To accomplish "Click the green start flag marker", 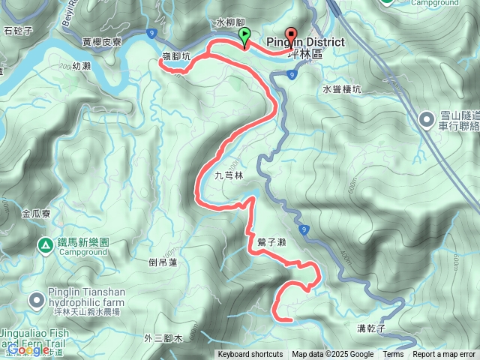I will [244, 36].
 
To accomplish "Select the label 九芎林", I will [229, 175].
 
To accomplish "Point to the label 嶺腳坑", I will [176, 55].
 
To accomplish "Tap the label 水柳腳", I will [231, 23].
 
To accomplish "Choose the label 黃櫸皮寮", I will [103, 42].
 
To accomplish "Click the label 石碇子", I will [19, 31].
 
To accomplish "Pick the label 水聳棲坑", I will [342, 88].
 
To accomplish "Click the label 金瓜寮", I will [36, 214].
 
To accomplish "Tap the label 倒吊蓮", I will [163, 262].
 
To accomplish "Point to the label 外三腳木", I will [163, 339].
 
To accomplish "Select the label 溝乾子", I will [370, 328].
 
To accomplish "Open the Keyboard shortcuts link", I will [250, 355].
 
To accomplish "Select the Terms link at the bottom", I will [393, 355].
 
